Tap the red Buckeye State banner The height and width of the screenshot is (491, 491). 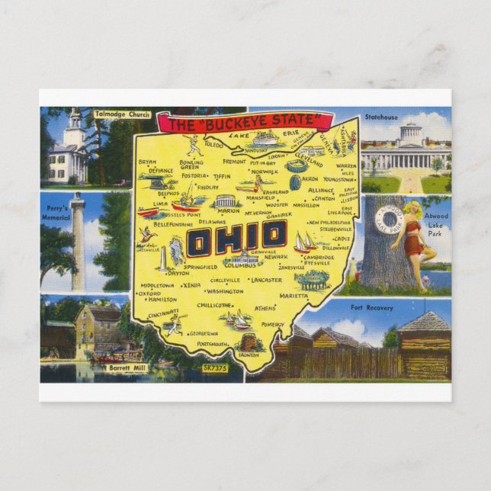(x=245, y=122)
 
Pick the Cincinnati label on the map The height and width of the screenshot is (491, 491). (x=163, y=313)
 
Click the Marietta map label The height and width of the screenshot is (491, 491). (x=294, y=296)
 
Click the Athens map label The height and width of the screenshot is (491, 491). (x=264, y=308)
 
